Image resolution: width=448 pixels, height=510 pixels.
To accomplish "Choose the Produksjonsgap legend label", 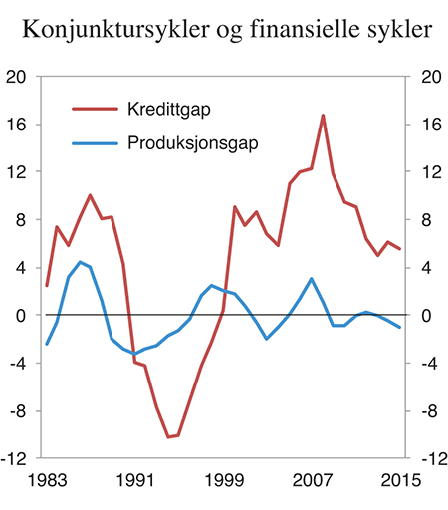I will pyautogui.click(x=193, y=143).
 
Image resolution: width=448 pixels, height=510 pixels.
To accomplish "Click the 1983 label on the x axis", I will pyautogui.click(x=47, y=480).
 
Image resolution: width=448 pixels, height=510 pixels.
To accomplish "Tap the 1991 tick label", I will pyautogui.click(x=136, y=480).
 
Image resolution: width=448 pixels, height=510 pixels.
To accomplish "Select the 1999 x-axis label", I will pyautogui.click(x=226, y=480).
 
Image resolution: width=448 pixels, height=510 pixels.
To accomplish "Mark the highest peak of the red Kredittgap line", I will pyautogui.click(x=323, y=116).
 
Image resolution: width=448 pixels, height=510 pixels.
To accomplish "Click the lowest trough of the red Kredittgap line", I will pyautogui.click(x=169, y=436).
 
